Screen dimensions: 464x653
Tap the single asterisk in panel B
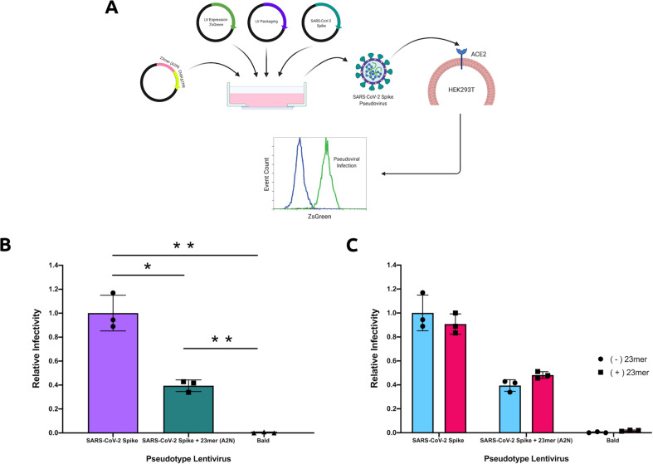tap(147, 266)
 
